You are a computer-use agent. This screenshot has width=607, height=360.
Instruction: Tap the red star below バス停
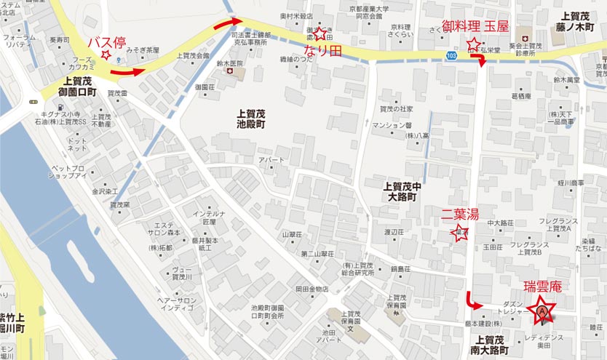click(x=106, y=55)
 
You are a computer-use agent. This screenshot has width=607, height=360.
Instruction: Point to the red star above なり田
click(x=319, y=33)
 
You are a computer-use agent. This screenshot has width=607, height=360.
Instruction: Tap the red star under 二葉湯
click(x=459, y=233)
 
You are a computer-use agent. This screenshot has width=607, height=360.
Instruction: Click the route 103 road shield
click(x=453, y=55)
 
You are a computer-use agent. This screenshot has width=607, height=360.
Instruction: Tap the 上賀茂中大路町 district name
click(x=402, y=191)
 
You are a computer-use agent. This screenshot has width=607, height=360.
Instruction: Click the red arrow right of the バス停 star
click(x=132, y=71)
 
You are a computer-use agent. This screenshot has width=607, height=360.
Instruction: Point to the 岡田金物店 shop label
click(x=312, y=289)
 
